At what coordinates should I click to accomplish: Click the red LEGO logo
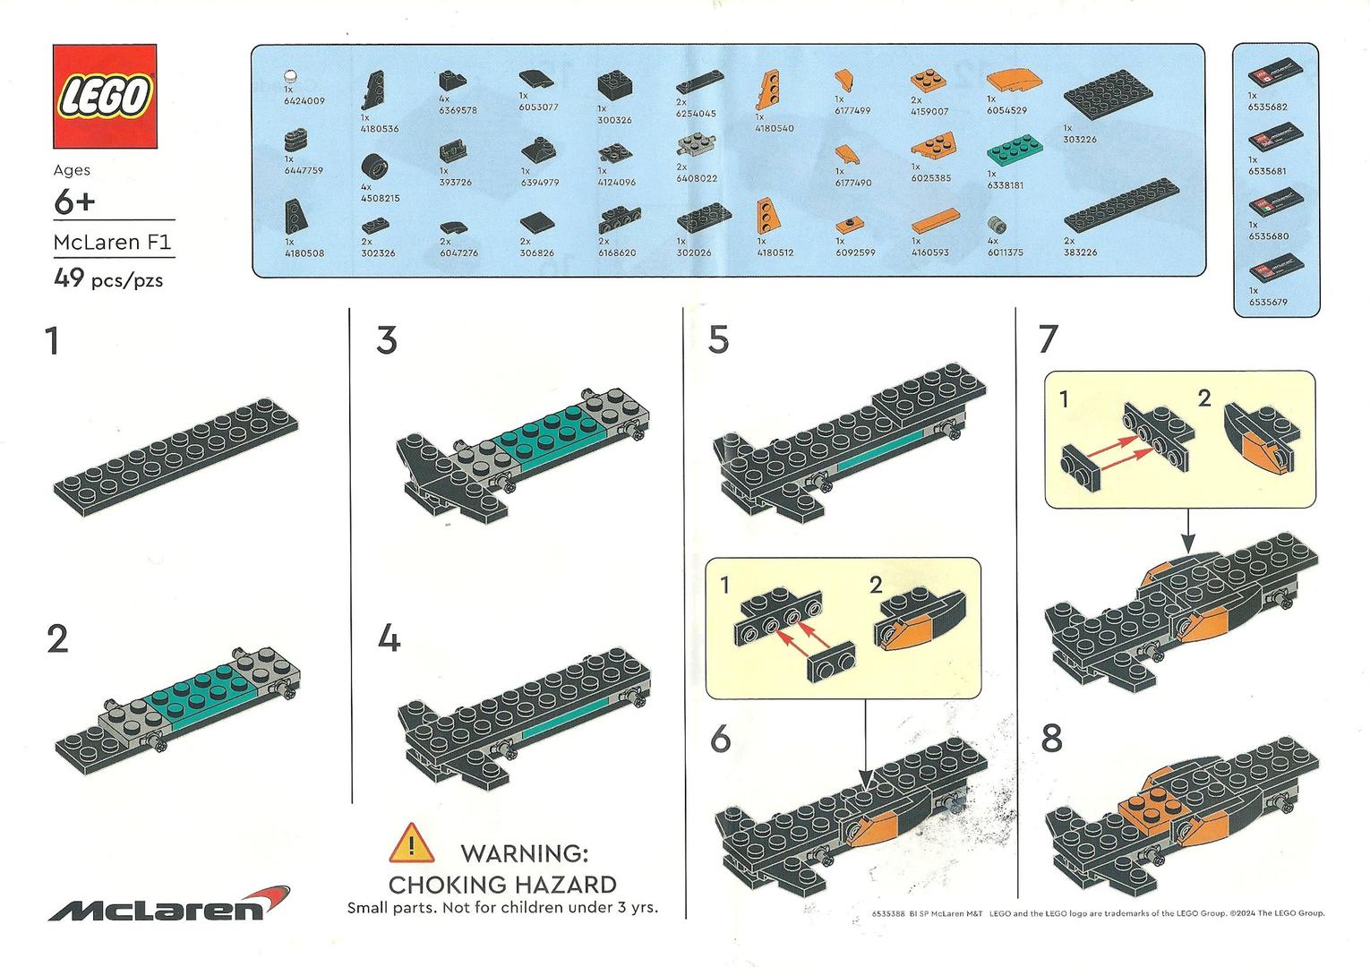105,96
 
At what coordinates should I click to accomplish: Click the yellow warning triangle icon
410,843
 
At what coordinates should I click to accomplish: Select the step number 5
718,340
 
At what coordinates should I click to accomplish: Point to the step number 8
1052,739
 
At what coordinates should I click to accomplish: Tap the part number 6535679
1268,302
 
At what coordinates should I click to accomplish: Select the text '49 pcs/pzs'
108,279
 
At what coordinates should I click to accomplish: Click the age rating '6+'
74,202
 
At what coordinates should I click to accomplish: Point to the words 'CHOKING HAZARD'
502,885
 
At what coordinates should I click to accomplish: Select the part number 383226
1080,252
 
